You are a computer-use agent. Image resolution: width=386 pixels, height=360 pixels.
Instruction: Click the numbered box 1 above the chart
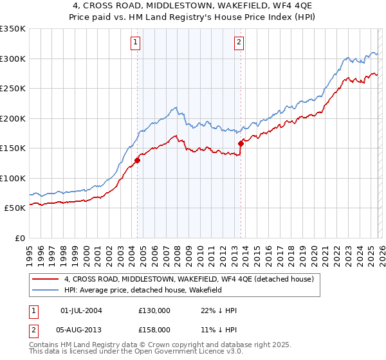tap(136, 43)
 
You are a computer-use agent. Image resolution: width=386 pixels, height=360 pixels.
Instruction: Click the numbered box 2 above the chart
tap(239, 43)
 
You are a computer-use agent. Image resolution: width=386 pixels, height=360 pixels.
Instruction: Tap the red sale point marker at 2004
tap(137, 160)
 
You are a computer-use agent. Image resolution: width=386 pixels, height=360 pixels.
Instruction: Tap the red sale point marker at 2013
tap(241, 143)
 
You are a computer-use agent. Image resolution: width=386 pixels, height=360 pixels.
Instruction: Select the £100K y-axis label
tap(14, 178)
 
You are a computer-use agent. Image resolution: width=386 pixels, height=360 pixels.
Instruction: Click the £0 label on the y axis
tap(19, 238)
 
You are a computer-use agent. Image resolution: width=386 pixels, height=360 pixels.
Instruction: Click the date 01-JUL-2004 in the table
tap(81, 310)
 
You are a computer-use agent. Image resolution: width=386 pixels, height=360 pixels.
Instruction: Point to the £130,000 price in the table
tap(154, 310)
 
